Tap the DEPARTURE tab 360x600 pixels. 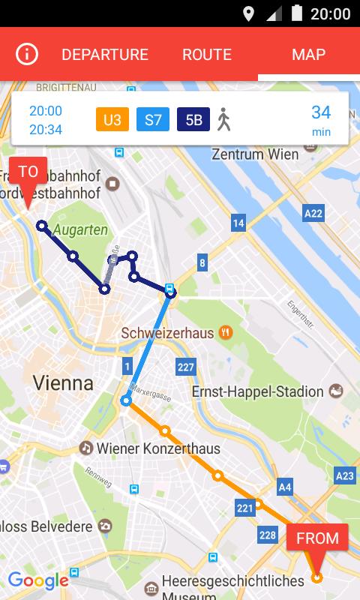click(x=105, y=55)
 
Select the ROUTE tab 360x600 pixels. click(x=207, y=55)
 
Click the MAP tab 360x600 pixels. click(x=308, y=55)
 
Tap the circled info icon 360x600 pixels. click(x=27, y=55)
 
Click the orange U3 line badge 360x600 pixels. click(x=112, y=119)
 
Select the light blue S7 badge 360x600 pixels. click(x=153, y=119)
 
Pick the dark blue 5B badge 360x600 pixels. click(x=193, y=119)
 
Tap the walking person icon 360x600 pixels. click(x=223, y=119)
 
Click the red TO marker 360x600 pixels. click(x=28, y=172)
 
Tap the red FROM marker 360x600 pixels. click(x=317, y=538)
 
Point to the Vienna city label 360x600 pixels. click(x=63, y=383)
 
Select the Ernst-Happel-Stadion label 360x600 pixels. click(x=258, y=392)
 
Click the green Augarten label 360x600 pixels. click(x=80, y=229)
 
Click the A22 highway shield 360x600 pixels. click(x=313, y=214)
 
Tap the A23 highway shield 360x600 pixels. click(x=344, y=475)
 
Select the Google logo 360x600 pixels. click(x=38, y=580)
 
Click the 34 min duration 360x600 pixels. click(x=321, y=119)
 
